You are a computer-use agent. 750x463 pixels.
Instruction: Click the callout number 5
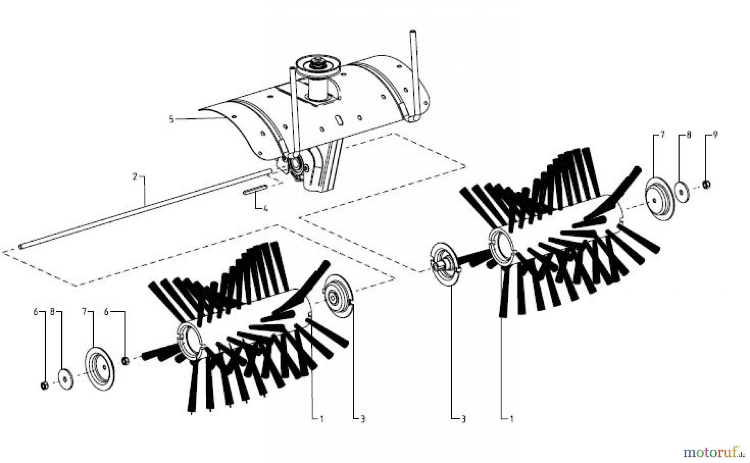(x=171, y=119)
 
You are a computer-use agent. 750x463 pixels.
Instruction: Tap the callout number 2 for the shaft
(x=135, y=177)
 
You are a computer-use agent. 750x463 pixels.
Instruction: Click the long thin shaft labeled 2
(x=145, y=204)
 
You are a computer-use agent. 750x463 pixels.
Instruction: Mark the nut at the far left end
(x=45, y=386)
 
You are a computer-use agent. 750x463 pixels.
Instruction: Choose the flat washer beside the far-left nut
(x=66, y=378)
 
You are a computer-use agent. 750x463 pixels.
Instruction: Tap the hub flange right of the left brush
(x=338, y=297)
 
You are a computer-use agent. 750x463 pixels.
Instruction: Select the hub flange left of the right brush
(x=443, y=264)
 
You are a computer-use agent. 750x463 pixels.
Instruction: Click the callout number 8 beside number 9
(x=689, y=135)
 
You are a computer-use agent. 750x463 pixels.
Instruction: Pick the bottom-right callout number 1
(x=512, y=419)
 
